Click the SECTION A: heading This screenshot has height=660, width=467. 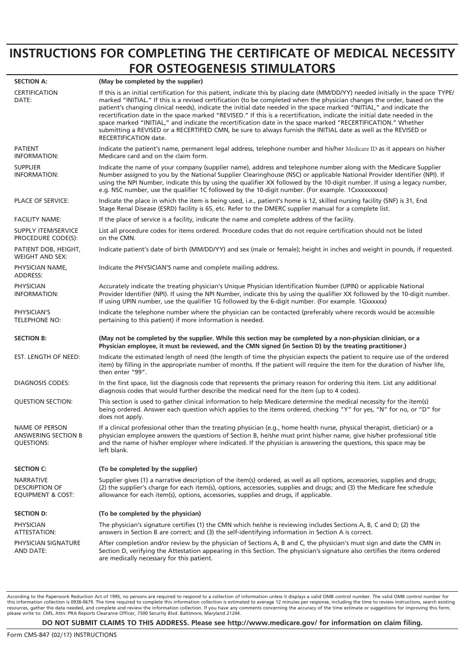click(x=30, y=82)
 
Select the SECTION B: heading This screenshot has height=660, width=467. click(x=30, y=338)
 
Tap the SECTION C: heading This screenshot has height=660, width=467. click(x=30, y=469)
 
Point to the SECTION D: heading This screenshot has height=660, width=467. click(x=30, y=514)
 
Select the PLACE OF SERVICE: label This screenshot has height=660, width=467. click(x=41, y=201)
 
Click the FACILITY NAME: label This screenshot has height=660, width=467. click(x=38, y=220)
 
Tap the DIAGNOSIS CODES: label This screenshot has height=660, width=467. click(x=42, y=383)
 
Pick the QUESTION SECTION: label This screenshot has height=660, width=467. click(x=43, y=402)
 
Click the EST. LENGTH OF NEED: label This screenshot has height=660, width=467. click(x=47, y=357)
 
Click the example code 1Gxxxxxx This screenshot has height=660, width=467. click(x=366, y=302)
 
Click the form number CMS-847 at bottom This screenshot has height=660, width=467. click(x=29, y=635)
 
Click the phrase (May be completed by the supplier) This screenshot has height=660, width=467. click(x=150, y=82)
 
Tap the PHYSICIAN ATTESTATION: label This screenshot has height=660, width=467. click(x=35, y=528)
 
